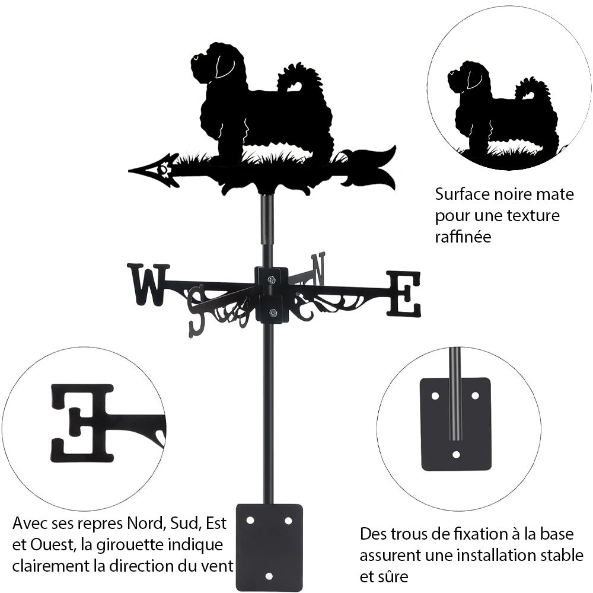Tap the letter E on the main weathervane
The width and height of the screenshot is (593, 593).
(404, 294)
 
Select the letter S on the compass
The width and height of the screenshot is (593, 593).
(196, 311)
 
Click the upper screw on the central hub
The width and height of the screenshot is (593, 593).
(272, 279)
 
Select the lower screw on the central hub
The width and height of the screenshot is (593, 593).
(272, 313)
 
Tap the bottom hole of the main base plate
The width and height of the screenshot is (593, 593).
(269, 575)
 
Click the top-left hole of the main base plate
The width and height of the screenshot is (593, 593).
(250, 520)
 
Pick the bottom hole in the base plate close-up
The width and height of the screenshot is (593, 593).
(455, 455)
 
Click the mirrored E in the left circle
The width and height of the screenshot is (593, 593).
(82, 422)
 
